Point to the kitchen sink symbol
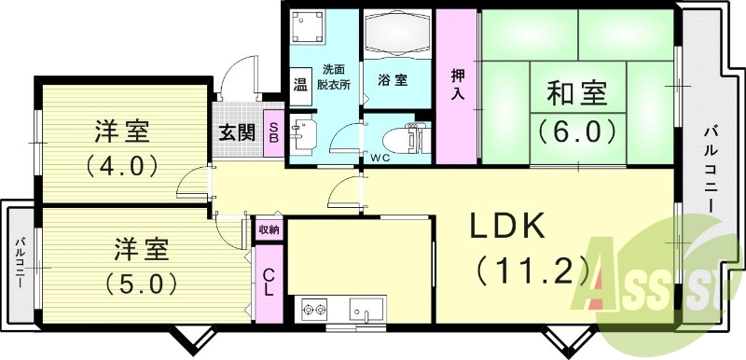click(362, 308)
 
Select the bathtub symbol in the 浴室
click(395, 36)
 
